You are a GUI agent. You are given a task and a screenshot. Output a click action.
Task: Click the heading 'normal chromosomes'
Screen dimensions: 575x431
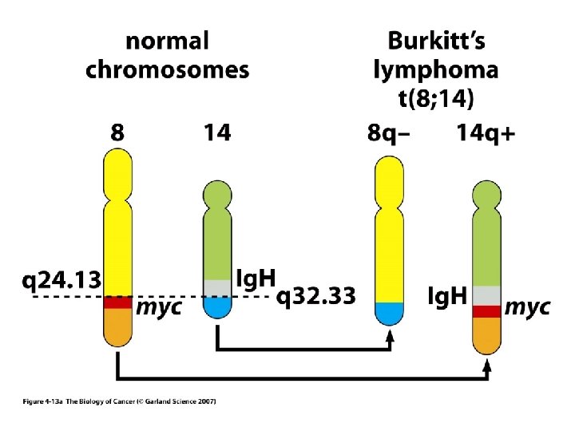pos(167,55)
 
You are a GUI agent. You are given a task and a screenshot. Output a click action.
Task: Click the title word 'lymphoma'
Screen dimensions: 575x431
pos(436,69)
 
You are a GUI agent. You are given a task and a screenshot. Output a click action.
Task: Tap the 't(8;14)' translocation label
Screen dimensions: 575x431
pos(436,99)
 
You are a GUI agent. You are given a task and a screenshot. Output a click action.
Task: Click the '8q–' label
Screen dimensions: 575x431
pos(389,133)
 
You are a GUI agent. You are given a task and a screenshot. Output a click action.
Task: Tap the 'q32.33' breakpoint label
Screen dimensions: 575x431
pos(315,297)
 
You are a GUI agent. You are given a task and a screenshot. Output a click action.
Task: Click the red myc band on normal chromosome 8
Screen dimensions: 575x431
pos(117,302)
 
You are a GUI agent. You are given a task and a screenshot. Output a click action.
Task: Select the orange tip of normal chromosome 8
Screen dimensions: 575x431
pos(117,326)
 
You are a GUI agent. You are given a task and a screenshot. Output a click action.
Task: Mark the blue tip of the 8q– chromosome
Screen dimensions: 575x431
pos(389,313)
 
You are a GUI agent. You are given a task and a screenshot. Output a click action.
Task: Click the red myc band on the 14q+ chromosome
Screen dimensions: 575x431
pos(486,311)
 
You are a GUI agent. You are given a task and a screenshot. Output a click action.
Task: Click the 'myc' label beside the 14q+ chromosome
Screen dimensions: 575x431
pos(528,307)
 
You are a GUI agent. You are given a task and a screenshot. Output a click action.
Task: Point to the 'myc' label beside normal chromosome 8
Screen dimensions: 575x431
pos(157,307)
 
